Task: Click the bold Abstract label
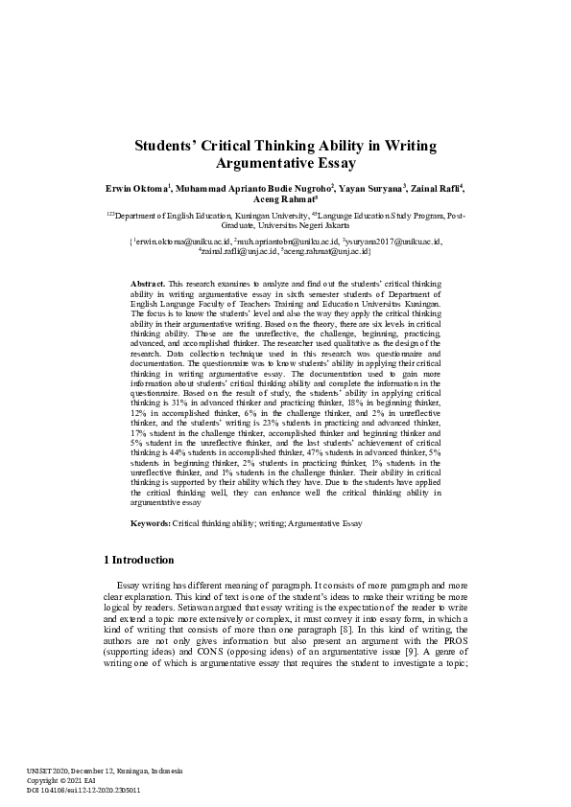click(147, 285)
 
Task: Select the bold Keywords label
click(151, 522)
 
